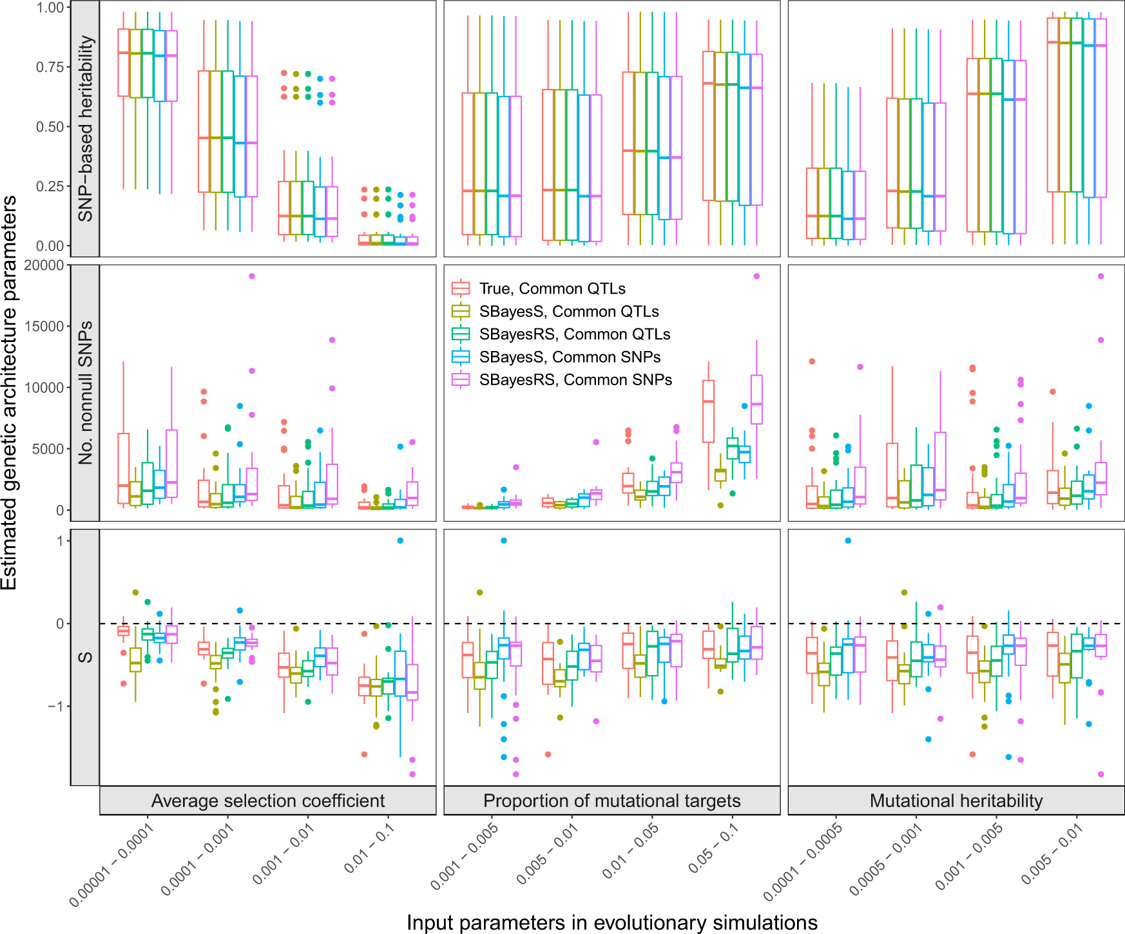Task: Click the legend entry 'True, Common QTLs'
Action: click(x=552, y=289)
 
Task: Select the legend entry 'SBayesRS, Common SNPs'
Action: click(x=575, y=380)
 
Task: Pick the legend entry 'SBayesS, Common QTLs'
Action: click(x=569, y=312)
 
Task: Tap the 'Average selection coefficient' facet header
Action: click(x=267, y=801)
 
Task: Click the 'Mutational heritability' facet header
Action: click(x=956, y=801)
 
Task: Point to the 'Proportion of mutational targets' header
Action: click(x=611, y=801)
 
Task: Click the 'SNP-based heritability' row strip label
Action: click(x=85, y=128)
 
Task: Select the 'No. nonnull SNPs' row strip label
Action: click(x=85, y=393)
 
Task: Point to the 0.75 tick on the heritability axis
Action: click(x=50, y=67)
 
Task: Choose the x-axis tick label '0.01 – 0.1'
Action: click(x=369, y=849)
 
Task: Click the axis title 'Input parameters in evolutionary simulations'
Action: click(x=611, y=922)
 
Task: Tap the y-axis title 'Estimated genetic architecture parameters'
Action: click(x=9, y=393)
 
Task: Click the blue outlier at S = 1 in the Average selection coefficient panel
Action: click(x=400, y=540)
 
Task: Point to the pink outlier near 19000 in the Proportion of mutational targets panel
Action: click(x=756, y=276)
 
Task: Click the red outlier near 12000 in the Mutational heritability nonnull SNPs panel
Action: click(x=812, y=361)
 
